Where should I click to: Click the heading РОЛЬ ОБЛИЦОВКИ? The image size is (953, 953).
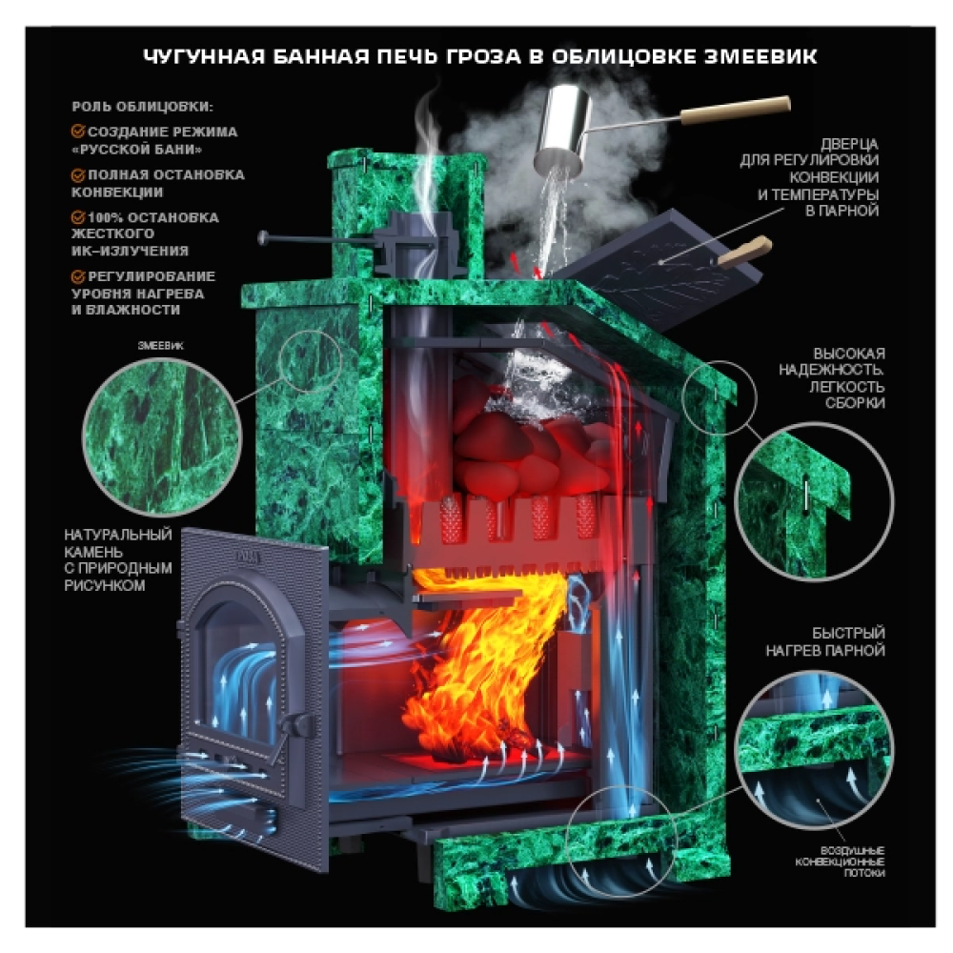(x=142, y=107)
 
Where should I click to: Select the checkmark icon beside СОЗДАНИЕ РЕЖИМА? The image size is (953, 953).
(x=78, y=132)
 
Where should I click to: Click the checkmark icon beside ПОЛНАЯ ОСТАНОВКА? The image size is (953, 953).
(x=78, y=175)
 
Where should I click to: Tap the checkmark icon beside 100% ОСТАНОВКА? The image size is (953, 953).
(x=78, y=217)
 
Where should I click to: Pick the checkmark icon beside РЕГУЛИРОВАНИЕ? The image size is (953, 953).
(x=78, y=276)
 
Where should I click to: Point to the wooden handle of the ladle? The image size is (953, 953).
(x=735, y=109)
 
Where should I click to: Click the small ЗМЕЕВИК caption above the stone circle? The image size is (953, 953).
(x=160, y=345)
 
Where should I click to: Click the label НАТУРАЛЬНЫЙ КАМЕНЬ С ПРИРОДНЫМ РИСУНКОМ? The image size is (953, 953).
(x=118, y=559)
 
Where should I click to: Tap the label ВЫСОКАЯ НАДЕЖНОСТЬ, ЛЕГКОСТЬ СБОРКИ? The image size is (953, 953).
(x=831, y=377)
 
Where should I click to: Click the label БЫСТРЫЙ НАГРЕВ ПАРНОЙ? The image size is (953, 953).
(x=824, y=641)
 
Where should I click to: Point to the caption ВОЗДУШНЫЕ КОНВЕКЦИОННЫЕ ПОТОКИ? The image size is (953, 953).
(x=840, y=862)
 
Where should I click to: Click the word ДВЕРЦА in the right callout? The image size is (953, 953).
(x=849, y=144)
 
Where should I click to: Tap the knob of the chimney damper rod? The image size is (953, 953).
(x=263, y=237)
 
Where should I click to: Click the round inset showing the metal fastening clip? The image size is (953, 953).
(x=814, y=501)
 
